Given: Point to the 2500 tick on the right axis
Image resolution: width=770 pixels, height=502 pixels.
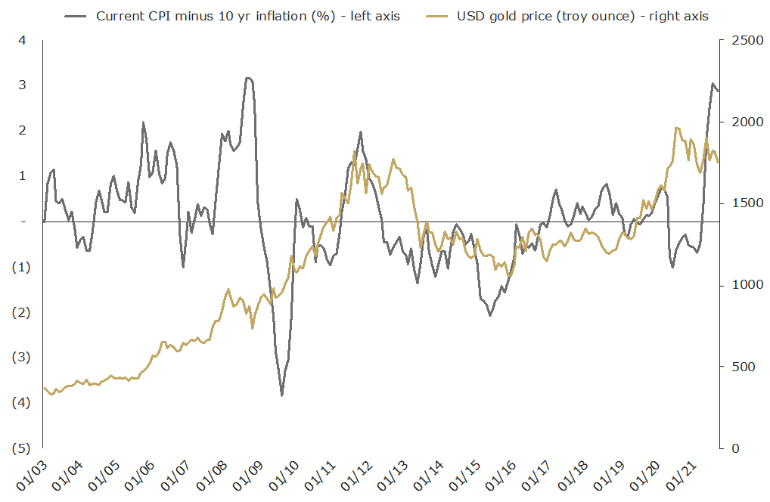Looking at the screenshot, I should click(746, 40).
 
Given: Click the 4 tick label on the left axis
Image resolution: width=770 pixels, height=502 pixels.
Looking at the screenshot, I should click(22, 40).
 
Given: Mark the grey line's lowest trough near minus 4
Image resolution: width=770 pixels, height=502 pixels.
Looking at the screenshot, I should click(282, 395).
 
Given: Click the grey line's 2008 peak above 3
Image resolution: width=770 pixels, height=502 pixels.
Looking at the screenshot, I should click(247, 78).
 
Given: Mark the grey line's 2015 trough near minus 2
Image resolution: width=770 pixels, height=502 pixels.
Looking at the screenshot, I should click(490, 315).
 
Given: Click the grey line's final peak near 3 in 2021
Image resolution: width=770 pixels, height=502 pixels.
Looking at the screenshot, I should click(713, 84).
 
